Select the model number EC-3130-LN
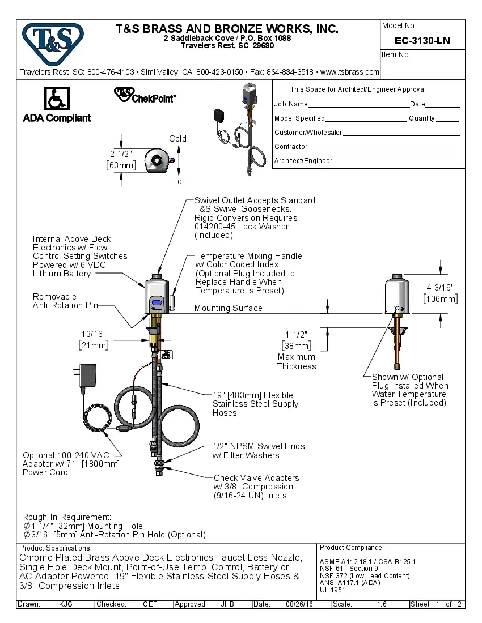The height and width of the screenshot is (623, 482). (422, 41)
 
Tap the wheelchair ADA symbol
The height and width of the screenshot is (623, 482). (57, 99)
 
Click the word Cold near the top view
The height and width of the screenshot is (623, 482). (177, 139)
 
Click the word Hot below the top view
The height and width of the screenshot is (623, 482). (177, 181)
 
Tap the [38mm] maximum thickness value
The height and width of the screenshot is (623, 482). (297, 345)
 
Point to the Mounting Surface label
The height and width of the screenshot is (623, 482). (228, 308)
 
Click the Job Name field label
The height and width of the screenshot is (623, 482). (291, 104)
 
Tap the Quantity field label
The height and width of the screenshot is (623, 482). (422, 118)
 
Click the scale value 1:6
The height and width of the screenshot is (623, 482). (382, 604)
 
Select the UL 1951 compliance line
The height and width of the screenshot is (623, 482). (332, 590)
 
